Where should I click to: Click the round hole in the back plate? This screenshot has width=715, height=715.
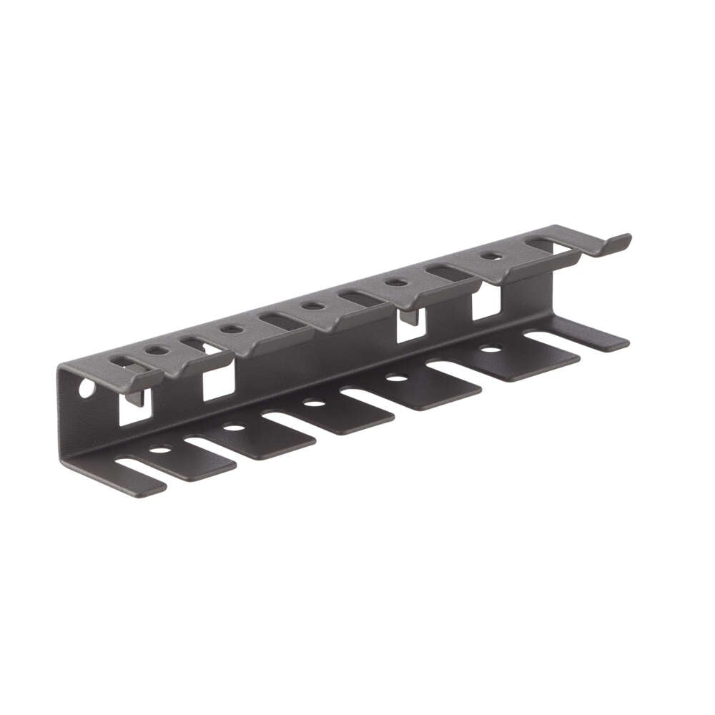[86, 389]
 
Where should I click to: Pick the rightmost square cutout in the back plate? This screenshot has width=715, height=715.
[486, 303]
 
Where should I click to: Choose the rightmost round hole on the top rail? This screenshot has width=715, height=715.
[490, 255]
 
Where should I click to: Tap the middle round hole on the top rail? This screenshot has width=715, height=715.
[312, 306]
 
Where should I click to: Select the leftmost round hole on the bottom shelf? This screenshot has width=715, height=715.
[160, 449]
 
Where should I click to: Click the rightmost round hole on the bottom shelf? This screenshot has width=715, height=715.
[490, 350]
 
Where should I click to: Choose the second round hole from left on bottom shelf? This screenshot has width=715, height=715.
[235, 428]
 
